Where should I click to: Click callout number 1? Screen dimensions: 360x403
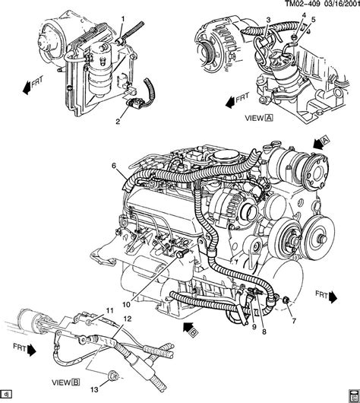[x=123, y=19]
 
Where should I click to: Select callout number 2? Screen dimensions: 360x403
[x=118, y=122]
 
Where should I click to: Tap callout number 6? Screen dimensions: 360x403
[x=114, y=166]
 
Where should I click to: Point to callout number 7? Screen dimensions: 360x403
[x=294, y=320]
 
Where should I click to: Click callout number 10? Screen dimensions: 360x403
[x=126, y=305]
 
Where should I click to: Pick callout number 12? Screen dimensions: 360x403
[x=128, y=319]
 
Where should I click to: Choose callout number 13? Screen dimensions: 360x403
[x=94, y=389]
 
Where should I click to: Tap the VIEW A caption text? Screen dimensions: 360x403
[x=259, y=118]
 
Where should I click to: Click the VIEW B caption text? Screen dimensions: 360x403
[x=66, y=382]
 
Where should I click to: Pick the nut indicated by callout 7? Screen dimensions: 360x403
[x=286, y=300]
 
